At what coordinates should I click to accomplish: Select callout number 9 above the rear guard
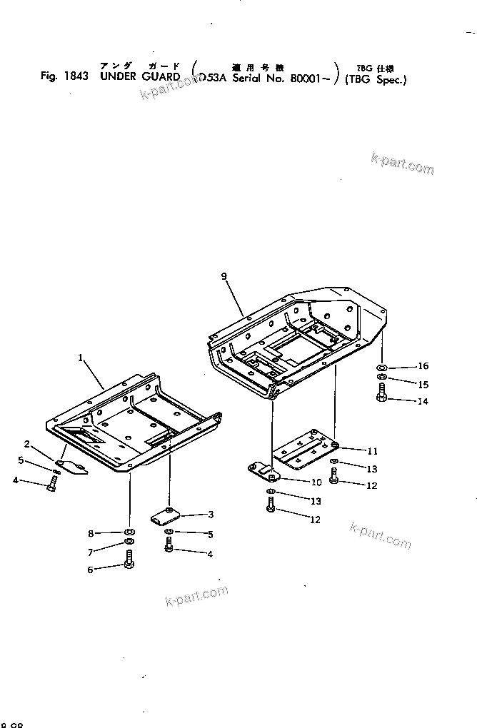[224, 275]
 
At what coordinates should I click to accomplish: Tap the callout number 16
[423, 366]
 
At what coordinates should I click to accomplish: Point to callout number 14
[423, 402]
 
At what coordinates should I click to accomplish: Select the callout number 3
[211, 514]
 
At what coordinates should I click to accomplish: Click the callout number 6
[90, 569]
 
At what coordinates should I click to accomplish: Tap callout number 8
[90, 534]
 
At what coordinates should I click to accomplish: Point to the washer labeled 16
[383, 367]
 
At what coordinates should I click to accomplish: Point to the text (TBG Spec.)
[375, 79]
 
